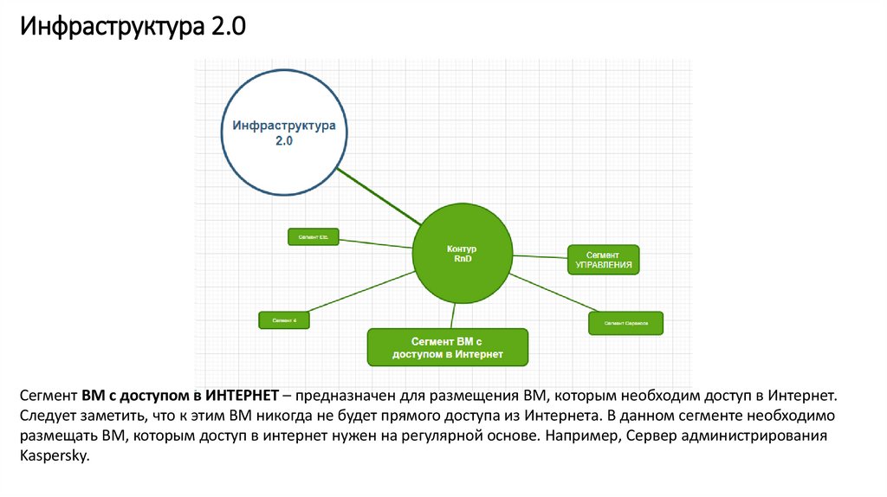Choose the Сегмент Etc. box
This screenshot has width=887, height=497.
pyautogui.click(x=313, y=236)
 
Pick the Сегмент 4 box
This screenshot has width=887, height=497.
pyautogui.click(x=284, y=320)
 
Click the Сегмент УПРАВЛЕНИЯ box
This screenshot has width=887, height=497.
pyautogui.click(x=603, y=260)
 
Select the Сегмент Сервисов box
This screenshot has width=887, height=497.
pyautogui.click(x=625, y=323)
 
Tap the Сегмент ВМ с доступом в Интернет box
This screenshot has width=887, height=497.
pyautogui.click(x=447, y=347)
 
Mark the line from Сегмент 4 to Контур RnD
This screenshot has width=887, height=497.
pyautogui.click(x=364, y=291)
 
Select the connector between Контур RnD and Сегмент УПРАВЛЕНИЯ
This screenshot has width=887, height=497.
pyautogui.click(x=542, y=257)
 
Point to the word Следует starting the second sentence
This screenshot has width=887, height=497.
pyautogui.click(x=46, y=416)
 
